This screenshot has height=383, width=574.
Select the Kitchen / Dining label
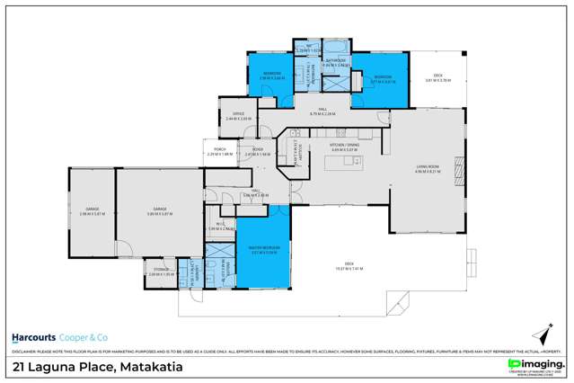[x=345, y=147]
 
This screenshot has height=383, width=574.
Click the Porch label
[x=219, y=152]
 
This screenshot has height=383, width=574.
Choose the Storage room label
[x=162, y=272]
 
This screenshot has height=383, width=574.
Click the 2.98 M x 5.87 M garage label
[x=84, y=211]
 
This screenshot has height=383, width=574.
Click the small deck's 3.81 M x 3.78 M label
[x=438, y=80]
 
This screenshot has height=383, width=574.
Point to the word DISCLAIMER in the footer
[x=24, y=351]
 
